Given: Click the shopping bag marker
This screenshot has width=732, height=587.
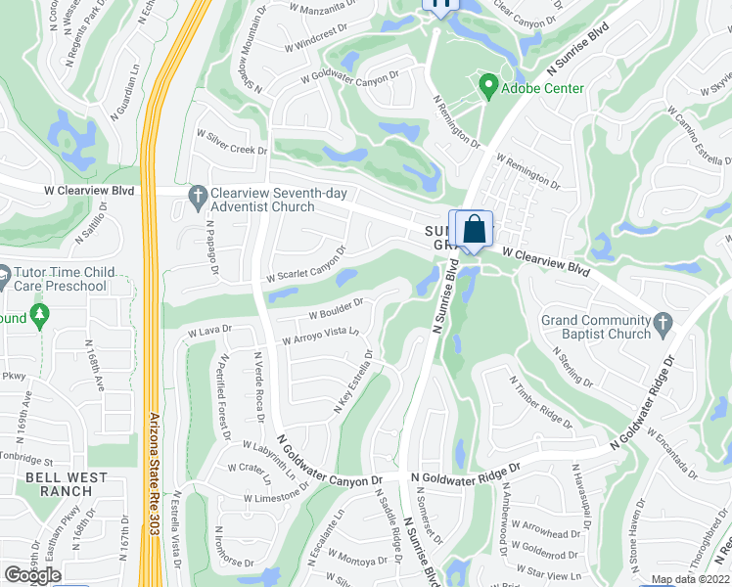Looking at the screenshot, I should (x=474, y=231).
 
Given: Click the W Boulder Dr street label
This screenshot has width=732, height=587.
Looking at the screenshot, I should (x=336, y=309).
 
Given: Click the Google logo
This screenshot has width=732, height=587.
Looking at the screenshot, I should (x=32, y=575).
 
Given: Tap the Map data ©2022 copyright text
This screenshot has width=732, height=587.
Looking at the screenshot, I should (x=691, y=579).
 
